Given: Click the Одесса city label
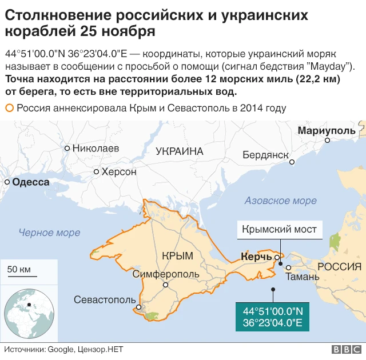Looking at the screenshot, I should coord(30,182).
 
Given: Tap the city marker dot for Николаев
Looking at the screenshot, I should coord(67,148).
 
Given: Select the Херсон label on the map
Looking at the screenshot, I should coord(118,171).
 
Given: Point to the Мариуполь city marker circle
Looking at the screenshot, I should coord(327,140).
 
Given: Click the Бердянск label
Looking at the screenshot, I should coord(265,155).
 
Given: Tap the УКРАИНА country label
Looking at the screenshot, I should coord(180,151).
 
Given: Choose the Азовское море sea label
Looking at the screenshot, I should coord(280,201).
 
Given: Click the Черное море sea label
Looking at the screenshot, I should coord(49,233).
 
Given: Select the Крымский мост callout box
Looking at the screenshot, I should coord(279,230).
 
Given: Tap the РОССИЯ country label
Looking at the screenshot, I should coord(339,267).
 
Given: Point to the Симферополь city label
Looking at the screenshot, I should coord(166,275).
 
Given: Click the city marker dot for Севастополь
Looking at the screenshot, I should coord(138,307).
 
